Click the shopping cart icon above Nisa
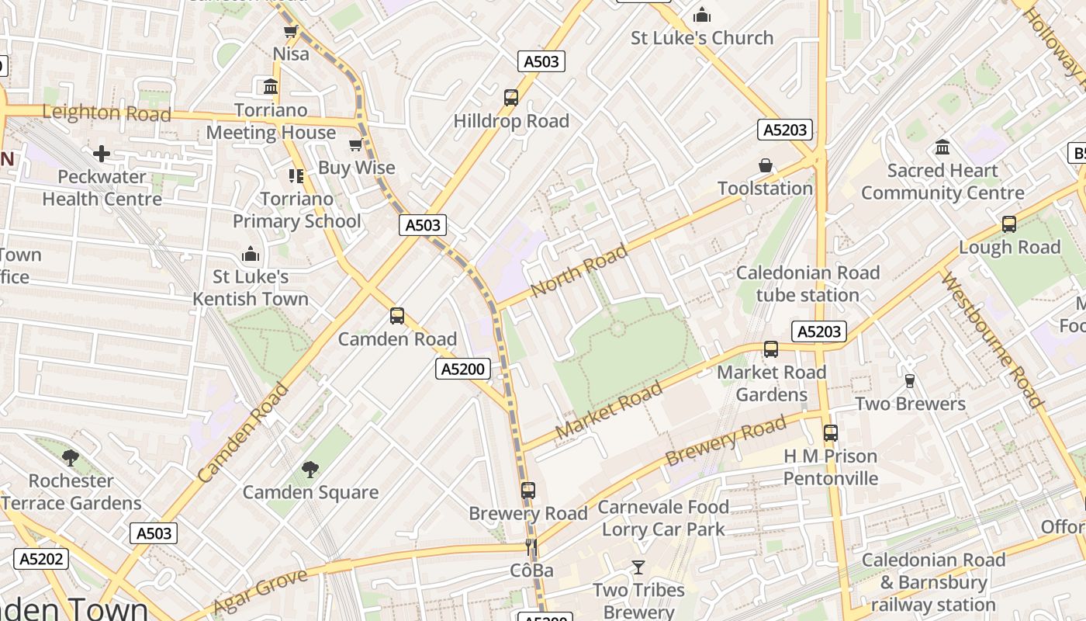coord(291,32)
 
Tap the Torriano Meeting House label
coord(271,121)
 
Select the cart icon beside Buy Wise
coord(356,144)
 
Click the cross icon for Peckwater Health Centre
coord(102,154)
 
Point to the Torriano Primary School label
coord(296,210)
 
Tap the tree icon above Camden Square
coord(310,469)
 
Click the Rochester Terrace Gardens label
coord(71,492)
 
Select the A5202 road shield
coord(41,559)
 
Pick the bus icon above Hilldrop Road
coord(510,98)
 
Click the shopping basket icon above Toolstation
coord(765,165)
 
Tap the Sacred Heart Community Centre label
coord(942,182)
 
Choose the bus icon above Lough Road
coord(1008,224)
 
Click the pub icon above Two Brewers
coord(910,380)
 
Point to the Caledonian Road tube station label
coord(808,283)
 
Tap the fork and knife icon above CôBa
coord(531,547)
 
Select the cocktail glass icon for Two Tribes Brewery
coord(638,567)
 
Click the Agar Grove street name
coord(260,592)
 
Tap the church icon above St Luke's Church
coord(701,15)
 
